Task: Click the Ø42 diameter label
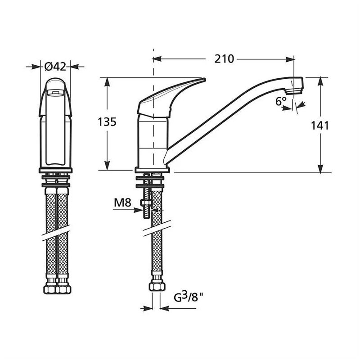pyautogui.click(x=55, y=66)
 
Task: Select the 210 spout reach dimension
pyautogui.click(x=224, y=58)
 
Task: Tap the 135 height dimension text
pyautogui.click(x=107, y=121)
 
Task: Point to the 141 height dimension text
pyautogui.click(x=320, y=126)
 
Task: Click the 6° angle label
pyautogui.click(x=281, y=102)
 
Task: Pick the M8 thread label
pyautogui.click(x=122, y=203)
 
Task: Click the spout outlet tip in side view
pyautogui.click(x=296, y=85)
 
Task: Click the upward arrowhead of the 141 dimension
pyautogui.click(x=320, y=81)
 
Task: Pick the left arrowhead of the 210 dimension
pyautogui.click(x=157, y=58)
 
